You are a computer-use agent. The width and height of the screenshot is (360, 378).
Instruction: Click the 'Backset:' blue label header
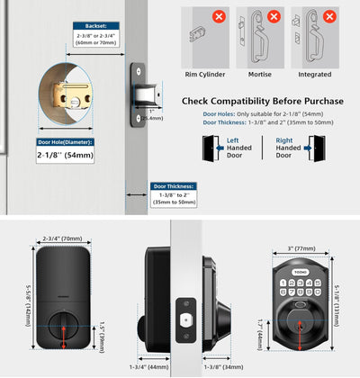(x=95, y=27)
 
